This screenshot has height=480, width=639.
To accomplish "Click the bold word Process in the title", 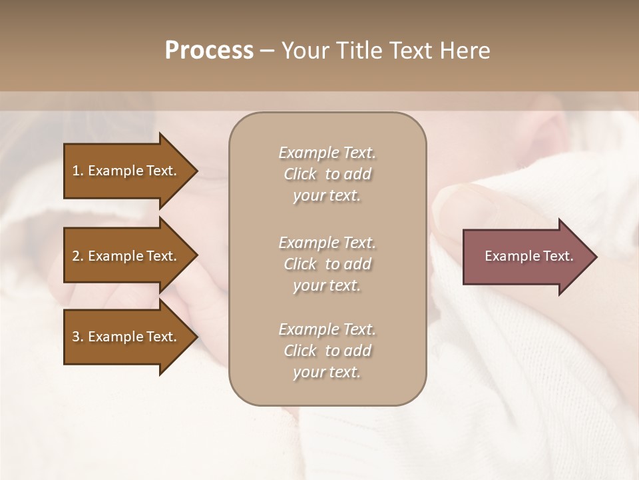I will pyautogui.click(x=209, y=51).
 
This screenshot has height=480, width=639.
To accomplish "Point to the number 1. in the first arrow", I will pyautogui.click(x=77, y=171).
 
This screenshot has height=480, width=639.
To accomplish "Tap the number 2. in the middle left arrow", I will pyautogui.click(x=77, y=256).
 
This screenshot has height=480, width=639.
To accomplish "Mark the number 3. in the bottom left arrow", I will pyautogui.click(x=77, y=337).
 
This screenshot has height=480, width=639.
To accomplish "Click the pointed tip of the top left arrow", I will pyautogui.click(x=195, y=171).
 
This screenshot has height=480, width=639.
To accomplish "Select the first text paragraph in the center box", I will pyautogui.click(x=327, y=174).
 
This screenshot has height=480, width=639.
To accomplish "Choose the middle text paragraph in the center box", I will pyautogui.click(x=327, y=264).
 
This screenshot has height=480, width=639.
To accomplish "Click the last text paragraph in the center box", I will pyautogui.click(x=327, y=351).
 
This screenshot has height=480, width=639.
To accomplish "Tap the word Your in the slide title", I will pyautogui.click(x=304, y=51).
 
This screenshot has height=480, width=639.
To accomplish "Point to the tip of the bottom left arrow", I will pyautogui.click(x=195, y=337).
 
